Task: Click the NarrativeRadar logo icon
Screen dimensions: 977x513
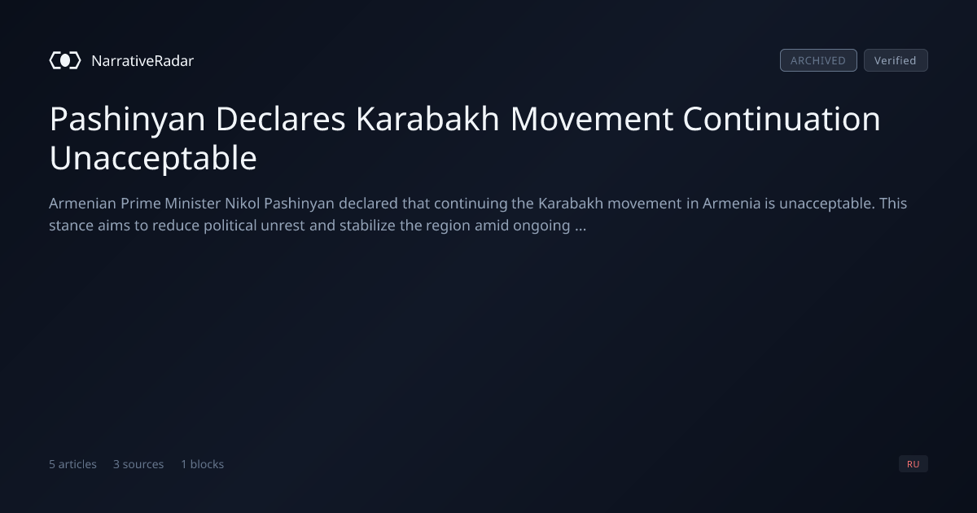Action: [x=65, y=60]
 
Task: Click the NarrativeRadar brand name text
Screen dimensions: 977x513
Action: [x=142, y=61]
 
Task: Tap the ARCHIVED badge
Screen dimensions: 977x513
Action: [x=818, y=60]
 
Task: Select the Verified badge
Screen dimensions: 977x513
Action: [x=896, y=60]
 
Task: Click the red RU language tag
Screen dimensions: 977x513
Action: [x=913, y=463]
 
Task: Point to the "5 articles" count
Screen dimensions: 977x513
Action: [x=72, y=464]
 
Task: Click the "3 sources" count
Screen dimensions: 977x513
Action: [x=138, y=464]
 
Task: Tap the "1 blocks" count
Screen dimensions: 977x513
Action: [x=203, y=464]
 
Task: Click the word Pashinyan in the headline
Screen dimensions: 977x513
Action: [x=127, y=120]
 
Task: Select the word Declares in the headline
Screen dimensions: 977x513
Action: [x=280, y=119]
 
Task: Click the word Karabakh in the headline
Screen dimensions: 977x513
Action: [x=427, y=119]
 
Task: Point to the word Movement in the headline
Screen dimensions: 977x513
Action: [x=591, y=119]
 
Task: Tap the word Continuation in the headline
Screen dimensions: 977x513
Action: [x=782, y=119]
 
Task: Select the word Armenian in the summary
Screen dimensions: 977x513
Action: [x=83, y=204]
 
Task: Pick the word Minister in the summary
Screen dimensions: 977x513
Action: [x=192, y=204]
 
